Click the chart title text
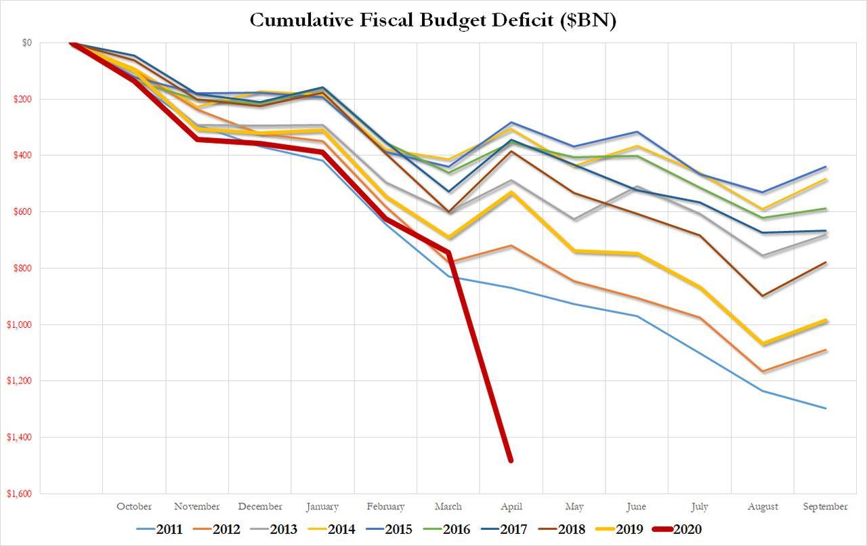point(433,20)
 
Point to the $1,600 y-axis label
point(27,493)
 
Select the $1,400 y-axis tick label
point(27,437)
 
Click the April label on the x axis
point(511,506)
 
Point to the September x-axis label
point(825,506)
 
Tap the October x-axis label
point(134,506)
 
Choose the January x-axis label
point(322,506)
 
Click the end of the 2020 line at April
point(511,461)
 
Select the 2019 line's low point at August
point(763,344)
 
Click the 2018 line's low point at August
point(763,296)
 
